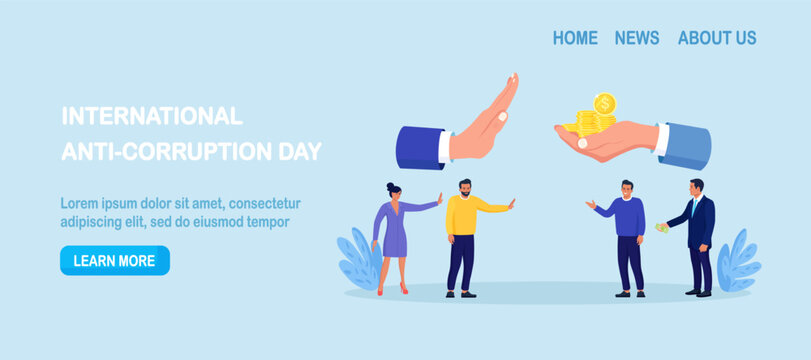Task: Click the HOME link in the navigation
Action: [575, 38]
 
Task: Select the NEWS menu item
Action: [637, 38]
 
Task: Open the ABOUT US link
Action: [717, 38]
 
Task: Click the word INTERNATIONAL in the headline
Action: [152, 116]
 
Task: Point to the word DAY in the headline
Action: [301, 152]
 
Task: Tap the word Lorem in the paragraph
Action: [80, 203]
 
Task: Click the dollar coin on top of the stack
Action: [604, 103]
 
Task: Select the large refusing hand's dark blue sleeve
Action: [420, 147]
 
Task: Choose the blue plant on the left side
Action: [358, 259]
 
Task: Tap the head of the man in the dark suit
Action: [697, 187]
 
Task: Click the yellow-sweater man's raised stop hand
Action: [511, 203]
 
